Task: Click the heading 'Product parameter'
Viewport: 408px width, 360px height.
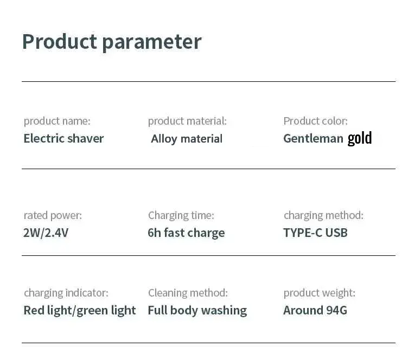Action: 111,42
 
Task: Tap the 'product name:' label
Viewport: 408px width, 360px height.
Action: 57,121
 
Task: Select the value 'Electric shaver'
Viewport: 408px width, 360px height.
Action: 63,138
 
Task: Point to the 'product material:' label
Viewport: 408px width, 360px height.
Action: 187,121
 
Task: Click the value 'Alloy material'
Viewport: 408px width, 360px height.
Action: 187,139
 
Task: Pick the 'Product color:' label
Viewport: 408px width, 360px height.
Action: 315,121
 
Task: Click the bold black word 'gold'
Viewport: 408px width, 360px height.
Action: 360,138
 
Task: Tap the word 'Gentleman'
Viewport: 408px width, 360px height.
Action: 313,139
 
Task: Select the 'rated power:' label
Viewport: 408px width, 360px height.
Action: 53,215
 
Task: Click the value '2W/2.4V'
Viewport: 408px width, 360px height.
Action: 46,233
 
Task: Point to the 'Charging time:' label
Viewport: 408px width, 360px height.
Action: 181,215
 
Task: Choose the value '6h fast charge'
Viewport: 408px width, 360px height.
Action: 186,233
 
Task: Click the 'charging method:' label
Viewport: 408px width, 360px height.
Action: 323,215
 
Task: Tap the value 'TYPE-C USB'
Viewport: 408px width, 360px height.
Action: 315,233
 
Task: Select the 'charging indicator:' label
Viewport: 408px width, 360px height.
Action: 66,293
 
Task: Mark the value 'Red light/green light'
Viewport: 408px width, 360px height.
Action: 80,311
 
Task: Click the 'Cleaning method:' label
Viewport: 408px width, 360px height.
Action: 188,293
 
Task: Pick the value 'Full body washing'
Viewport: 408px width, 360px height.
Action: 197,311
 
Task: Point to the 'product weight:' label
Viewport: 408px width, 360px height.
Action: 319,293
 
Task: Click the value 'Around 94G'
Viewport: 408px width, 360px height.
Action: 315,311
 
